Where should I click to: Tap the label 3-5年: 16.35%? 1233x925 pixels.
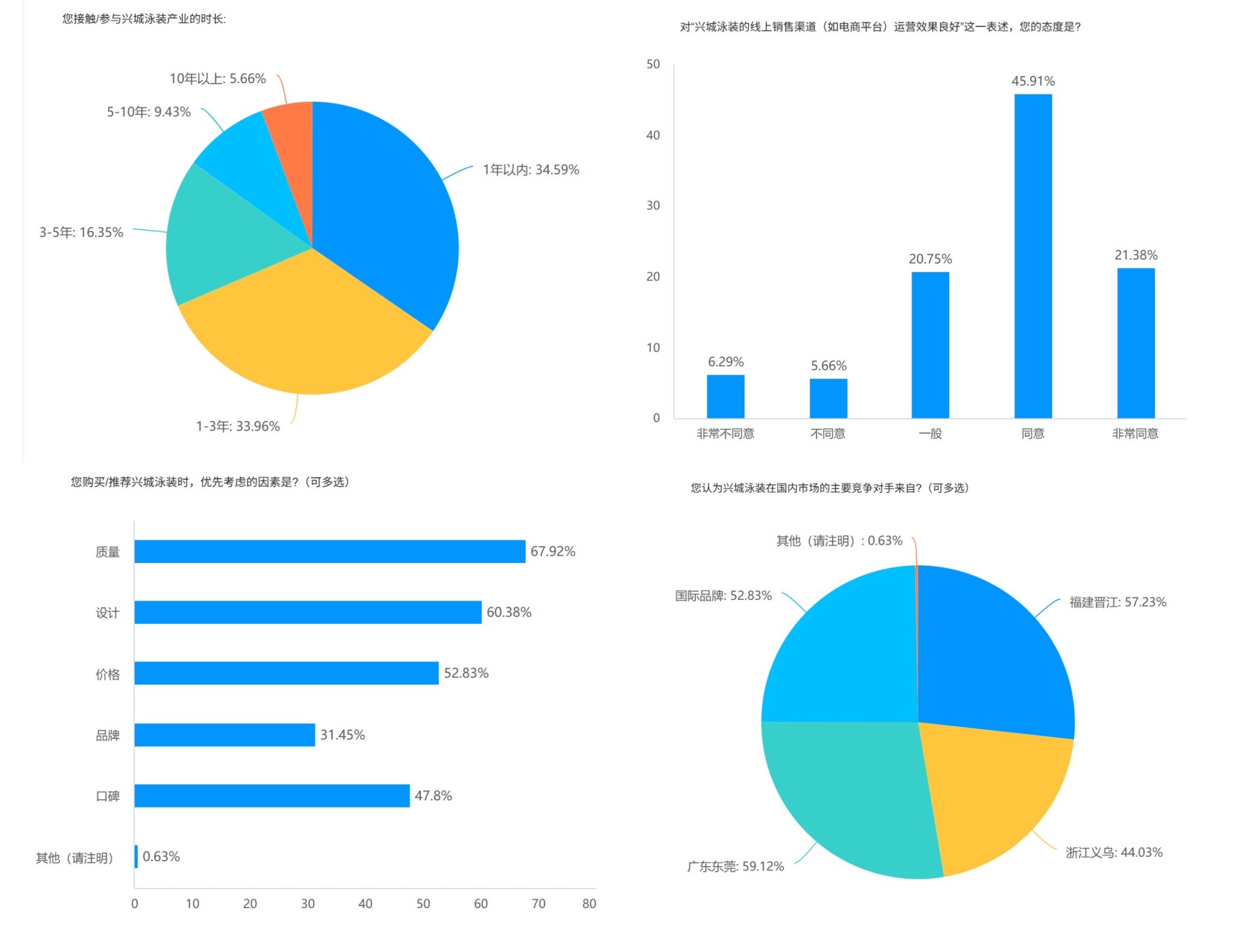tap(81, 232)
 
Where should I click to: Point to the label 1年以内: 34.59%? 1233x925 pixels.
tap(530, 170)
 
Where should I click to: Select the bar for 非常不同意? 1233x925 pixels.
tap(725, 396)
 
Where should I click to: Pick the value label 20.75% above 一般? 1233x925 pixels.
tap(930, 259)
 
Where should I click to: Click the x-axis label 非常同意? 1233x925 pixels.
tap(1135, 434)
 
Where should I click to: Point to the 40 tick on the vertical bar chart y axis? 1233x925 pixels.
tap(653, 135)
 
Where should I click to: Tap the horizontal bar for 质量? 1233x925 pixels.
tap(329, 552)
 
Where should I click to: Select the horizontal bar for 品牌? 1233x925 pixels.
tap(225, 735)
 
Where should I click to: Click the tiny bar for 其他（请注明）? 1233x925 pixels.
tap(137, 856)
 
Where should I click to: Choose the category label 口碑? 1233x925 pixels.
tap(108, 796)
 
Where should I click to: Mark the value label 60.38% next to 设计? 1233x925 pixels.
tap(509, 612)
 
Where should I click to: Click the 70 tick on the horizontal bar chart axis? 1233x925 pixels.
tap(538, 903)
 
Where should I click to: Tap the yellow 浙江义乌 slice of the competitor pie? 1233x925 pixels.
tap(993, 795)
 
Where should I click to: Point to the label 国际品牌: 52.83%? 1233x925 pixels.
tap(723, 596)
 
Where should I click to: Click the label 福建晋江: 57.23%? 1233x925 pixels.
tap(1117, 602)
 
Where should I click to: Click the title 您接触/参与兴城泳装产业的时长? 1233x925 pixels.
tap(144, 19)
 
